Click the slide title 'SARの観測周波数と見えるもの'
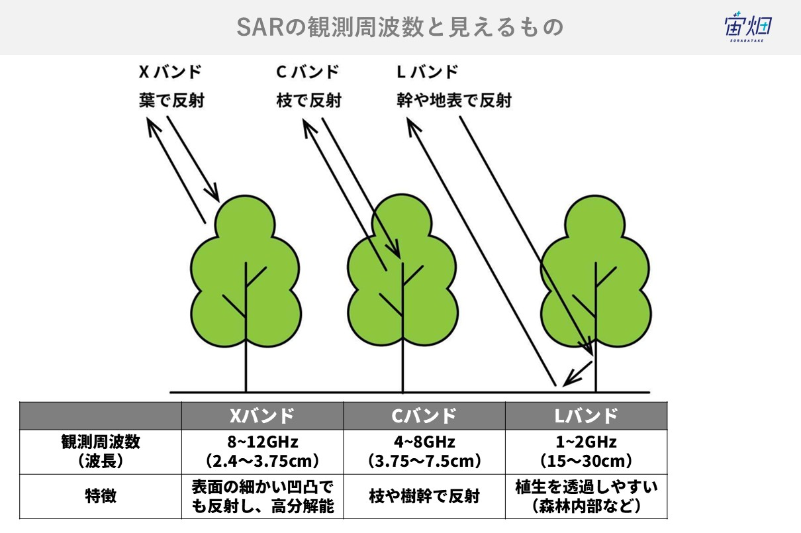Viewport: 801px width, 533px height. click(400, 27)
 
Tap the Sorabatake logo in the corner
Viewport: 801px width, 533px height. click(748, 28)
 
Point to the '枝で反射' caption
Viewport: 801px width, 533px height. click(308, 101)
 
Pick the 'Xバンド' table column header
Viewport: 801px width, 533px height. click(261, 416)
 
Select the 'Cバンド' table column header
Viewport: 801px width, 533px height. click(424, 416)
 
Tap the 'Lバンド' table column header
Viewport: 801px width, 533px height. click(586, 416)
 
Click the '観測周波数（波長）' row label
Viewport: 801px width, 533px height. click(101, 452)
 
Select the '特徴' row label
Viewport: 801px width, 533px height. click(101, 496)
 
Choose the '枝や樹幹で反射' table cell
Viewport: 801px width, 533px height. click(424, 496)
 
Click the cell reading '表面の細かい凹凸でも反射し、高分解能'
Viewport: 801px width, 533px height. click(262, 497)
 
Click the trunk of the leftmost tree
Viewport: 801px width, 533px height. click(246, 364)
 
